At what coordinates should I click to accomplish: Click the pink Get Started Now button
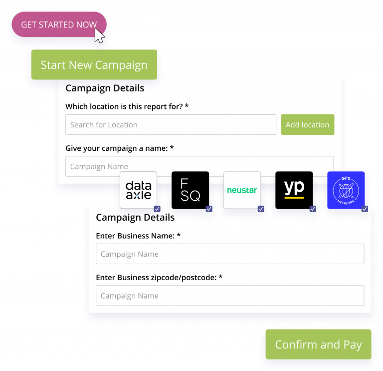coord(59,24)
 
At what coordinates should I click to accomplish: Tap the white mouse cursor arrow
coord(99,35)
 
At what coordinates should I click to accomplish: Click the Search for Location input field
coord(171,125)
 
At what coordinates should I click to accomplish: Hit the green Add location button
coord(307,125)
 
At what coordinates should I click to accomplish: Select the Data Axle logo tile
coord(138,190)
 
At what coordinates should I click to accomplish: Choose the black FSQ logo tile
coord(190,190)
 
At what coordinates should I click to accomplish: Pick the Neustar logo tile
coord(242,190)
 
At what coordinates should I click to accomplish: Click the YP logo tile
coord(294,190)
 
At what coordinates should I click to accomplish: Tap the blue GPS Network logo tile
coord(346,190)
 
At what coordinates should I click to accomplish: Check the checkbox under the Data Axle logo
coord(157,209)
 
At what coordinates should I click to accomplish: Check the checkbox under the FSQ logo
coord(209,209)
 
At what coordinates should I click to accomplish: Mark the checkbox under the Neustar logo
coord(261,209)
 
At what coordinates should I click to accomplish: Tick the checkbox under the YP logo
coord(313,209)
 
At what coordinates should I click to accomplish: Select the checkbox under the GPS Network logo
coord(365,209)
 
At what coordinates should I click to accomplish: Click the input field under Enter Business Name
coord(230,254)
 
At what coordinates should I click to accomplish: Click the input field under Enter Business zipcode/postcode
coord(230,296)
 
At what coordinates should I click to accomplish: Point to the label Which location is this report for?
coord(127,106)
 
